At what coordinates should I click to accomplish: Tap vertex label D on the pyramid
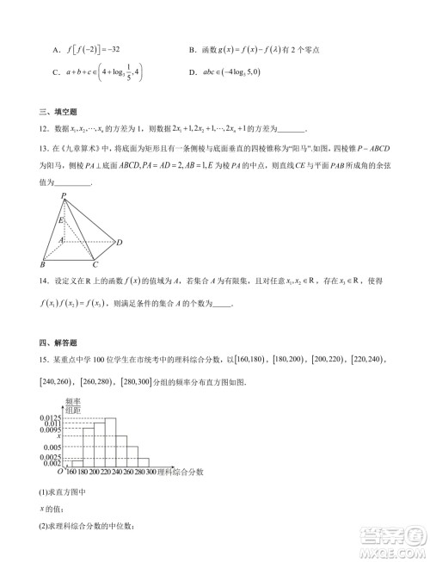click(x=120, y=242)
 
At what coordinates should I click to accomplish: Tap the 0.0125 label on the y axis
click(x=50, y=417)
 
